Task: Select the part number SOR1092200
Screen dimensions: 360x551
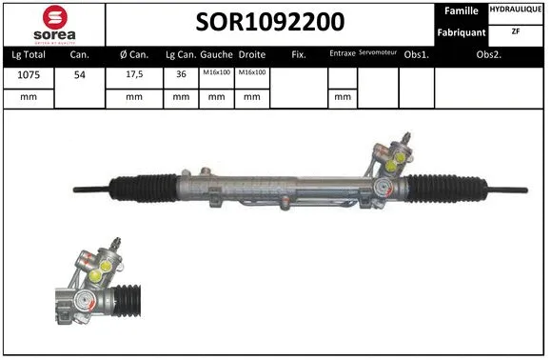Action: (x=270, y=22)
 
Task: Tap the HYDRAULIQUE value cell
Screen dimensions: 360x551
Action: (x=517, y=10)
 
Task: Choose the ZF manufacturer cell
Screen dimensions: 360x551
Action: (x=517, y=31)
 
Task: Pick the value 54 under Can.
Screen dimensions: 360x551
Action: (x=80, y=75)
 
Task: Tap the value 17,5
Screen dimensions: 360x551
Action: (x=133, y=75)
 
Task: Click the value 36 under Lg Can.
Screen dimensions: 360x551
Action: (x=182, y=75)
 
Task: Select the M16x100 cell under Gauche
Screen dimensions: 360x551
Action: (x=217, y=74)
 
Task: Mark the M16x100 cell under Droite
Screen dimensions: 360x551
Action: (x=251, y=74)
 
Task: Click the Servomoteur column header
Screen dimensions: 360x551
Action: (x=377, y=53)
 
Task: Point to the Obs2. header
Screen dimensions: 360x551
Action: (x=490, y=54)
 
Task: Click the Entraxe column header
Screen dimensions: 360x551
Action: (x=342, y=54)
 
